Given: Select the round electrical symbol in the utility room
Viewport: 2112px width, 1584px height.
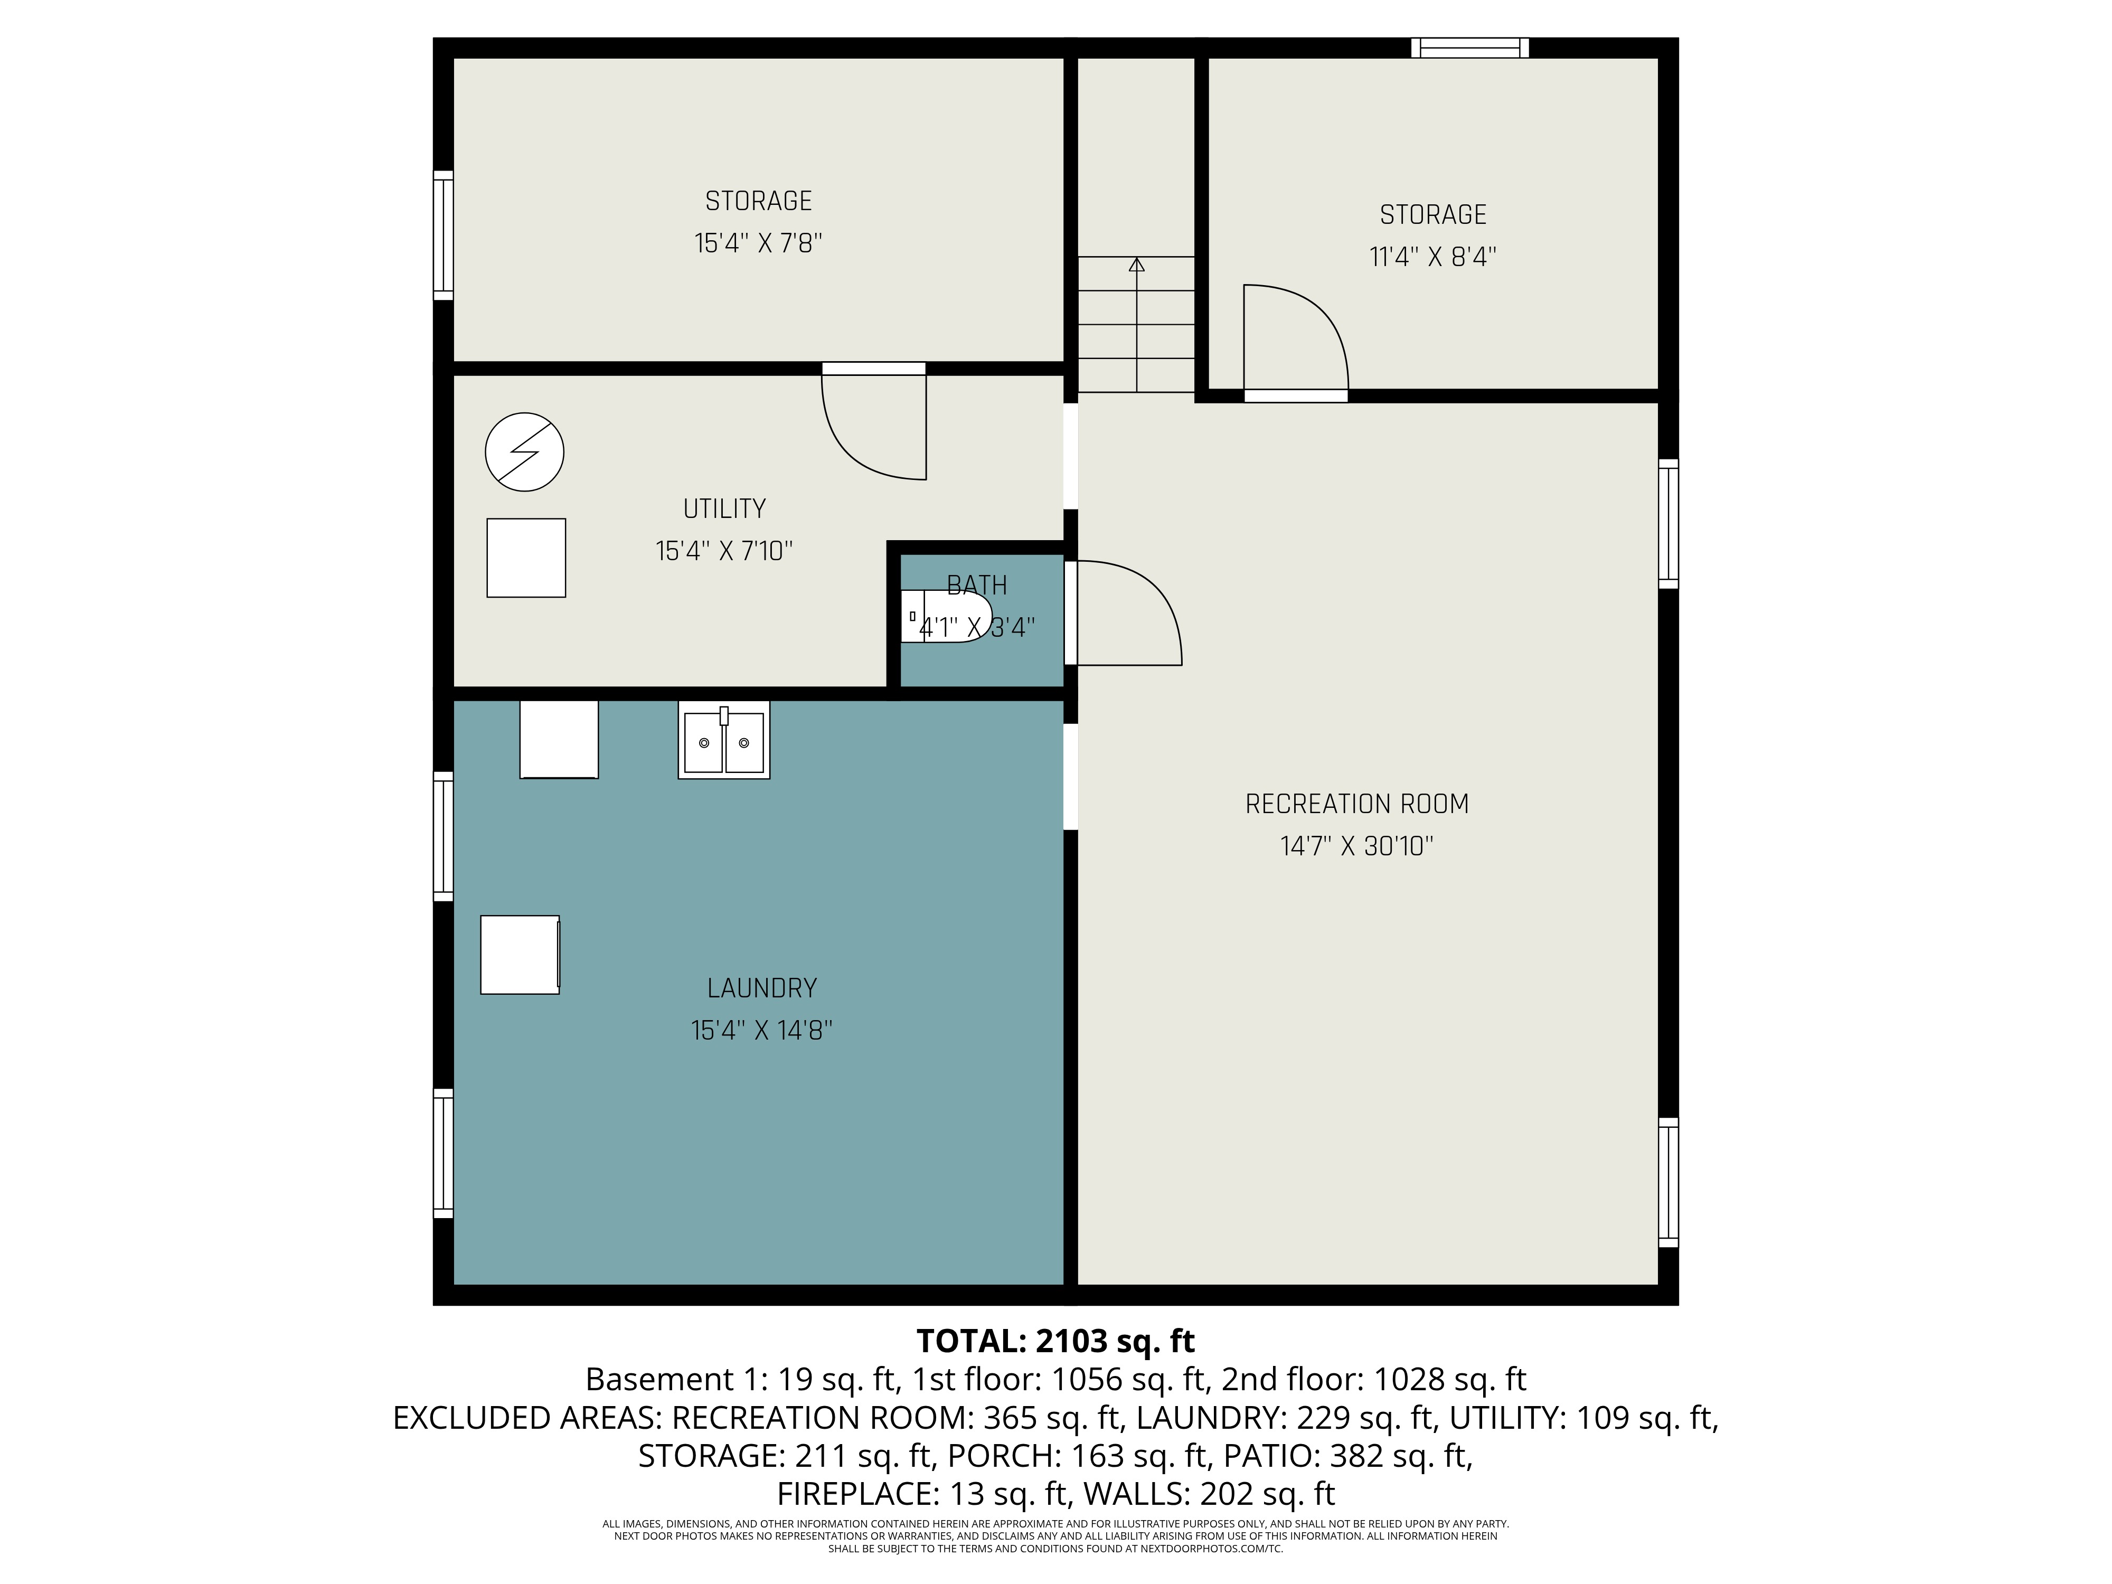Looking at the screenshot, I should pyautogui.click(x=524, y=451).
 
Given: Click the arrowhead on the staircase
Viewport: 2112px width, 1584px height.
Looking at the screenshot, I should pyautogui.click(x=1136, y=265).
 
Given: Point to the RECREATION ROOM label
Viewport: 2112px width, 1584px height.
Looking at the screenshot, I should pyautogui.click(x=1356, y=804).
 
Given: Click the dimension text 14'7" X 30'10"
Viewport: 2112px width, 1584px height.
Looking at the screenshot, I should pyautogui.click(x=1356, y=846).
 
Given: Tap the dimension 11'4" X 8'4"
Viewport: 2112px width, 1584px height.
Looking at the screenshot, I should pyautogui.click(x=1432, y=257).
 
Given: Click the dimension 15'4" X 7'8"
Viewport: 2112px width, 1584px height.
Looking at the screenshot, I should pyautogui.click(x=758, y=243).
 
